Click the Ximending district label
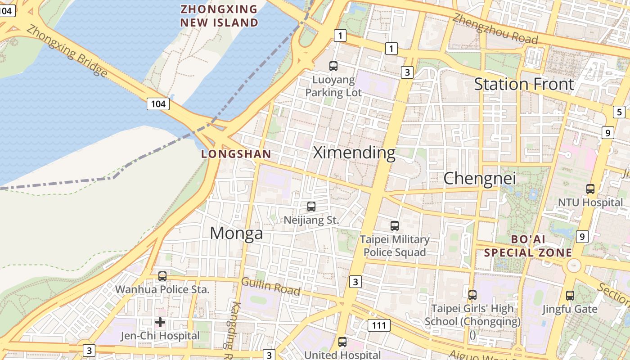point(354,153)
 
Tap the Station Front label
point(524,84)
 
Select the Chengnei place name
point(480,179)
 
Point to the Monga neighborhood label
point(236,233)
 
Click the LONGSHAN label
point(236,154)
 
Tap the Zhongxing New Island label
point(219,16)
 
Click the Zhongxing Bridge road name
point(67,50)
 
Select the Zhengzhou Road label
point(495,29)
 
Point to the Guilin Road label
point(271,286)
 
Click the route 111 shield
point(378,325)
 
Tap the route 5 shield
point(619,112)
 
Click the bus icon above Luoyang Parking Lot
point(333,66)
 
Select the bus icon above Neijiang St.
point(311,207)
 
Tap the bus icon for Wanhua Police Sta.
point(162,276)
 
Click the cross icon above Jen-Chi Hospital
point(160,322)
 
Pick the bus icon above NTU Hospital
point(590,189)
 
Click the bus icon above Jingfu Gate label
point(570,296)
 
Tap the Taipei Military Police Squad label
point(395,246)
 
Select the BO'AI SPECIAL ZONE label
point(528,246)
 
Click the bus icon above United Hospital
point(342,342)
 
